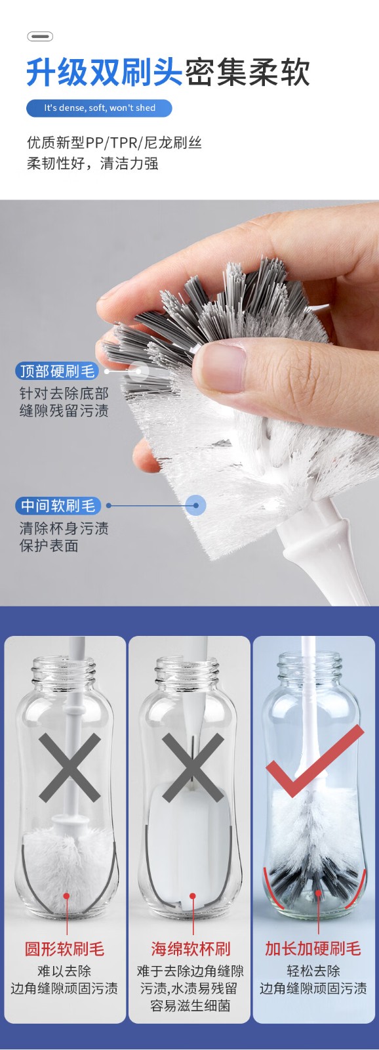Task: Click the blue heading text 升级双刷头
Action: [x=104, y=73]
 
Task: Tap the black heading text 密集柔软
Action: [x=247, y=73]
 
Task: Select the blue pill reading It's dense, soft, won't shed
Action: [x=99, y=108]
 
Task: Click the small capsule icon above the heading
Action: [x=40, y=37]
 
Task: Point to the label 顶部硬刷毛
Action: [x=56, y=371]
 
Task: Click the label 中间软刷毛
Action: [x=58, y=506]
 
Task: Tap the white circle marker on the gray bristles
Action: [x=139, y=371]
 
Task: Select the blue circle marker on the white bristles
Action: [x=196, y=506]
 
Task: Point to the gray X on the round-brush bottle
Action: [x=70, y=767]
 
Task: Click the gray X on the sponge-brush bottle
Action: [x=193, y=767]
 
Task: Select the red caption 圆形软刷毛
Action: [x=65, y=949]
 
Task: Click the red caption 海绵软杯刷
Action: [x=191, y=949]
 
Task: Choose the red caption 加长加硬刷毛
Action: [x=313, y=949]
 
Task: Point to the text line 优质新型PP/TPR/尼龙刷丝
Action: [x=114, y=142]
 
